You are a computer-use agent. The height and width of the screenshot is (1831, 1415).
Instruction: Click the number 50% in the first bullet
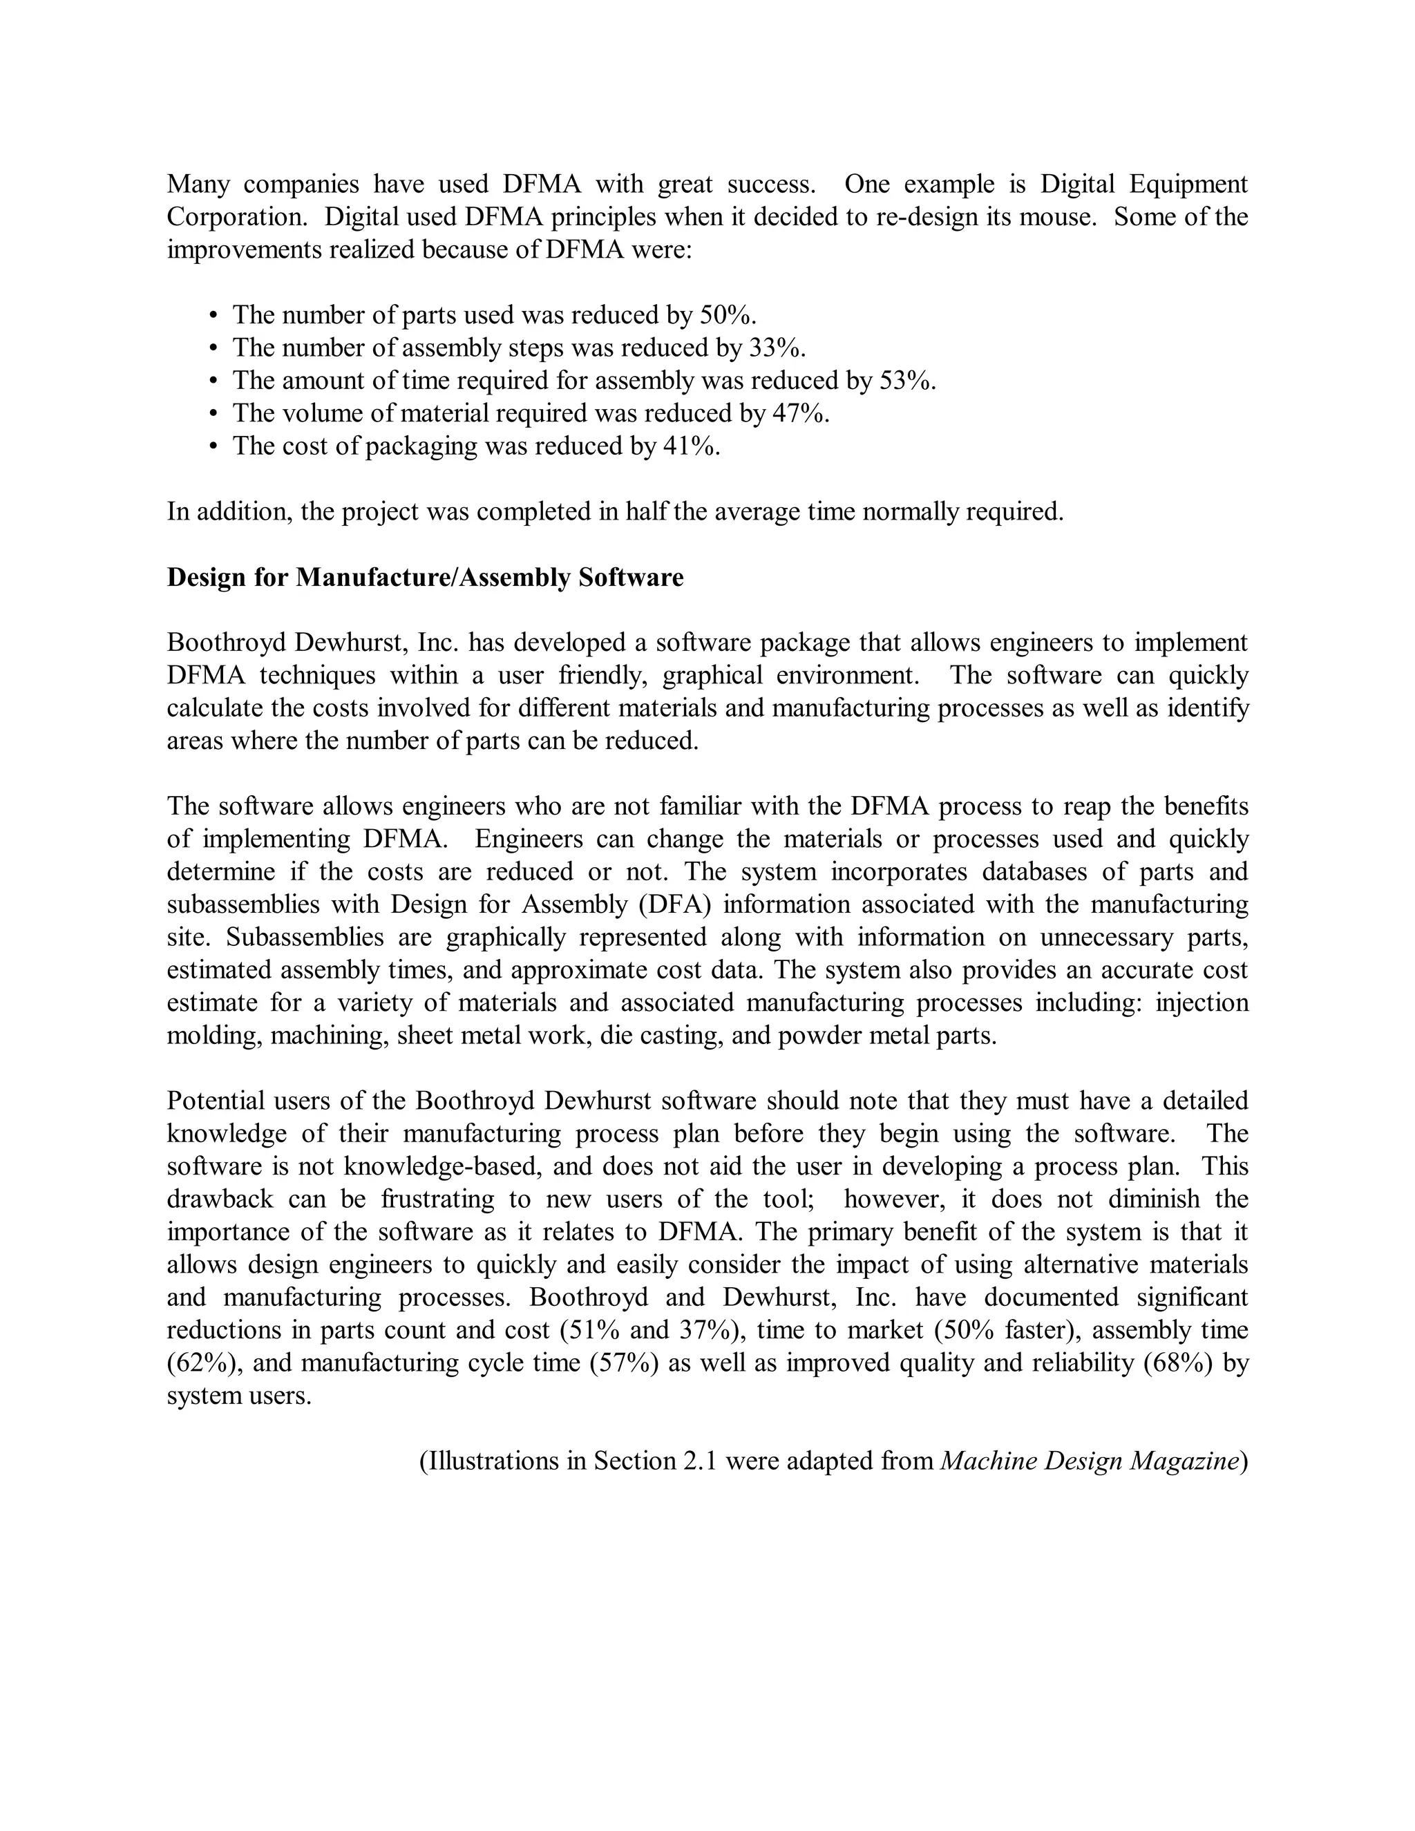pyautogui.click(x=727, y=315)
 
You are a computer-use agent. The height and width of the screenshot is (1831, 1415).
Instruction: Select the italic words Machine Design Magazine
pyautogui.click(x=1089, y=1461)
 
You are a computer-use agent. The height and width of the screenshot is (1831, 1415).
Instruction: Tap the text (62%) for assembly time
pyautogui.click(x=201, y=1363)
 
